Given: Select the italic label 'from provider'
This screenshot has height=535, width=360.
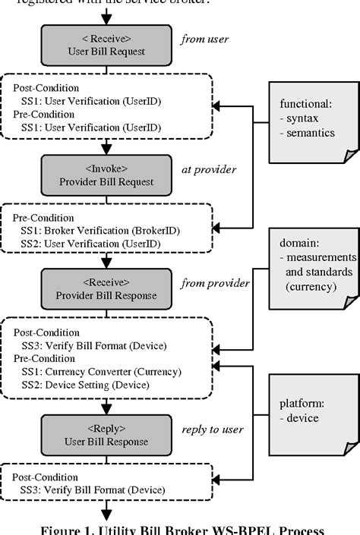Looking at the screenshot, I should click(215, 284).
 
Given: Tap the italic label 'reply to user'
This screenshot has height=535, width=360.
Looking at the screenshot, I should click(213, 430).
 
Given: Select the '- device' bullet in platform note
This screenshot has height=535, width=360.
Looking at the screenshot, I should click(299, 417).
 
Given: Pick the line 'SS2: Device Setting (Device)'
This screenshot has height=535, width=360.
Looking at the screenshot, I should click(87, 385).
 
